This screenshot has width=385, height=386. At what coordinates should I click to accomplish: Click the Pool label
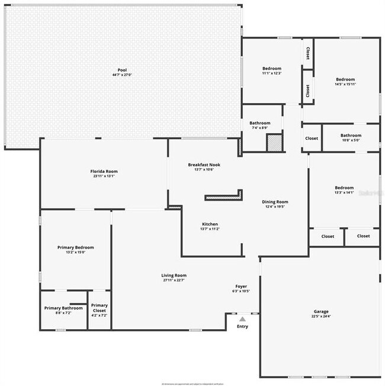tap(122, 70)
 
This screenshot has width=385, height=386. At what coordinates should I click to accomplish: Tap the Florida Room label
tap(104, 172)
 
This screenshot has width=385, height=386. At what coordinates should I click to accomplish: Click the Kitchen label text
tap(210, 224)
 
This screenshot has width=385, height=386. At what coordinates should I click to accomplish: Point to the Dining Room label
tap(275, 202)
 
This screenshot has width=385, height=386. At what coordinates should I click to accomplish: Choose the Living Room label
tap(174, 275)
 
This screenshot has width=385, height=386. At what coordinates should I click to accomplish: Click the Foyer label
tap(242, 286)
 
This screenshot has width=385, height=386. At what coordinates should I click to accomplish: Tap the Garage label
tap(321, 311)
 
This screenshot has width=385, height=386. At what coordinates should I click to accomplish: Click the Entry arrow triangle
tap(242, 319)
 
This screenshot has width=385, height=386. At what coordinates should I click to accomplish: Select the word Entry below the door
tap(242, 327)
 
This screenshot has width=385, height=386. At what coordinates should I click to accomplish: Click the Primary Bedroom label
tap(75, 247)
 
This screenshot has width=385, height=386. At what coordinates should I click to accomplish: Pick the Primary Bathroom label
tap(63, 308)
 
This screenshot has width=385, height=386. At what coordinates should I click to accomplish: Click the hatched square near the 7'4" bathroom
tap(274, 143)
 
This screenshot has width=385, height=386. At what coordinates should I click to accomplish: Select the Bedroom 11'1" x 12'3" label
tap(272, 69)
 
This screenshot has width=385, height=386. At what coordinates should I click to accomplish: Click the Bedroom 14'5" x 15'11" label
tap(345, 79)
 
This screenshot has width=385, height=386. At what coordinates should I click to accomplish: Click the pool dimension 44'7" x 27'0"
tap(122, 75)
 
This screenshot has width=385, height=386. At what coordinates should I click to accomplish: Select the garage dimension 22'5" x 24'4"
tap(321, 317)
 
